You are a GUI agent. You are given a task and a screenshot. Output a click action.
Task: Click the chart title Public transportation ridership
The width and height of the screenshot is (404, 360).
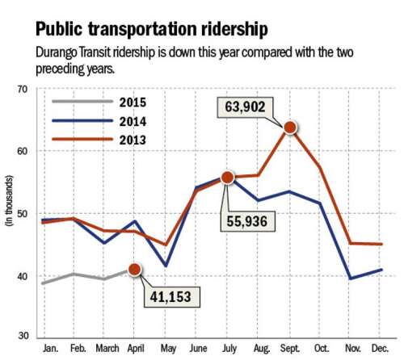tap(152, 30)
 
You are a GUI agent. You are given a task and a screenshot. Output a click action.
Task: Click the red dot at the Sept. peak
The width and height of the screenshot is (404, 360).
tap(289, 127)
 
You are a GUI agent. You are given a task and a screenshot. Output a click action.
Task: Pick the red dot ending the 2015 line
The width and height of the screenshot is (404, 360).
tap(134, 270)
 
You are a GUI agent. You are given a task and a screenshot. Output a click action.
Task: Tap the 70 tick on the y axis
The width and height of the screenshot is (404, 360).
tap(23, 88)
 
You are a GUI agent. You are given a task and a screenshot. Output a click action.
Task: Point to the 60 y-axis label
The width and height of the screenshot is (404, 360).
tap(23, 151)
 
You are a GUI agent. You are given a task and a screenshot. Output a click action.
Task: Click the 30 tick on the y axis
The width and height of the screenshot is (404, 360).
tap(23, 336)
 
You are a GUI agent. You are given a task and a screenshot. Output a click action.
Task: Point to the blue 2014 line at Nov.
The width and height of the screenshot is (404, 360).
tap(351, 278)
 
